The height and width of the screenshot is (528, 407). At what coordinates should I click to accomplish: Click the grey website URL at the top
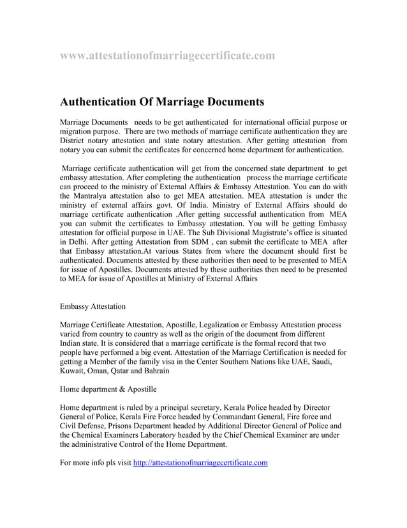pos(167,56)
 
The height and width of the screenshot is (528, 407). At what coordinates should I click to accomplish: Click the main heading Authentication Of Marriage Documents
pos(161,102)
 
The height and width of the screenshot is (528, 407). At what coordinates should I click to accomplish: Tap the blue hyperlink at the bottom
pos(200,463)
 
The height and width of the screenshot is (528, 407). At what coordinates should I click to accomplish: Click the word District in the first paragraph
pos(75,141)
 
